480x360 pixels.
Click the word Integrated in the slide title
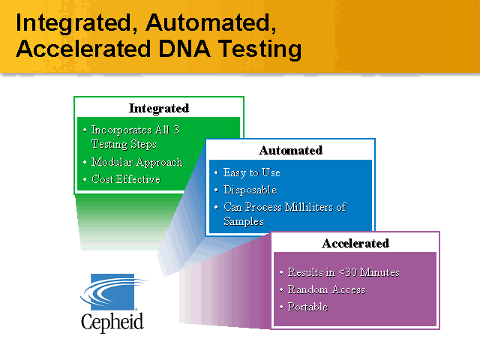pos(73,22)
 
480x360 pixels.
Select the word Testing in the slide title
pos(259,49)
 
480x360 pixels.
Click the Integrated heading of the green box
pos(158,108)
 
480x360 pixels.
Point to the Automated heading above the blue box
pos(290,150)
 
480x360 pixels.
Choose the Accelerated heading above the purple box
pos(355,243)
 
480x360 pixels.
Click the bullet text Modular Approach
pos(136,162)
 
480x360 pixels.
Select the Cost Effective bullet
pos(125,179)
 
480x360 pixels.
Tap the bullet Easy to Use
pos(251,172)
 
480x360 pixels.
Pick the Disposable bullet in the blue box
pos(250,190)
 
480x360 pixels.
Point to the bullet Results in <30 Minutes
pos(343,272)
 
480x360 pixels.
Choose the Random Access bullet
pos(326,289)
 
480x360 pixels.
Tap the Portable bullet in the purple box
pos(307,307)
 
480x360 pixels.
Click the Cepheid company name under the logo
pos(112,322)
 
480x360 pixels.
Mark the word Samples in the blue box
pos(243,221)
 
